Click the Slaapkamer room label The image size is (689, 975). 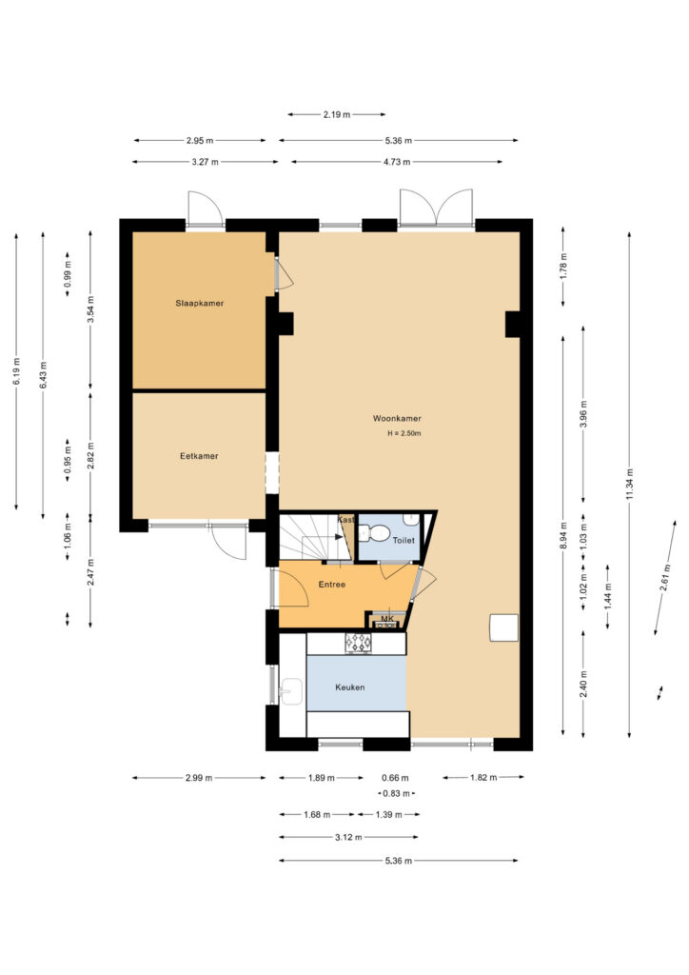pos(200,304)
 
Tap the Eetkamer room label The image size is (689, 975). pos(199,456)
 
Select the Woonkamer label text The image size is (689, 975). pos(397,419)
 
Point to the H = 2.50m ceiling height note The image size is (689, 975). pos(404,433)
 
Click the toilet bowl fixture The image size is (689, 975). pos(374,533)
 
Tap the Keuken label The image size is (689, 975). pos(350,687)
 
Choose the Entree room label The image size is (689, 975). pos(332,585)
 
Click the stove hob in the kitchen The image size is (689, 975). pos(359,643)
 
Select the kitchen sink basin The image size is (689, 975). pos(291,691)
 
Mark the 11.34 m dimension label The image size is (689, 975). pos(630,485)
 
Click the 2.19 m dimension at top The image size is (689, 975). pos(336,114)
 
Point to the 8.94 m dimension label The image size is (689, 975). pos(563,535)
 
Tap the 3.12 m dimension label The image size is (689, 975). pos(348,837)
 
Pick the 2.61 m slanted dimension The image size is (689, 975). pos(665,578)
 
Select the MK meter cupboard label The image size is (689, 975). pos(387,619)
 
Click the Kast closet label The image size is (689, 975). pos(345,519)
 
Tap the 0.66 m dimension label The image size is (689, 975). pos(395,778)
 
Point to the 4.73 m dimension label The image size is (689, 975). pos(397,162)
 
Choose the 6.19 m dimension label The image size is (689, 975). pos(16,371)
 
